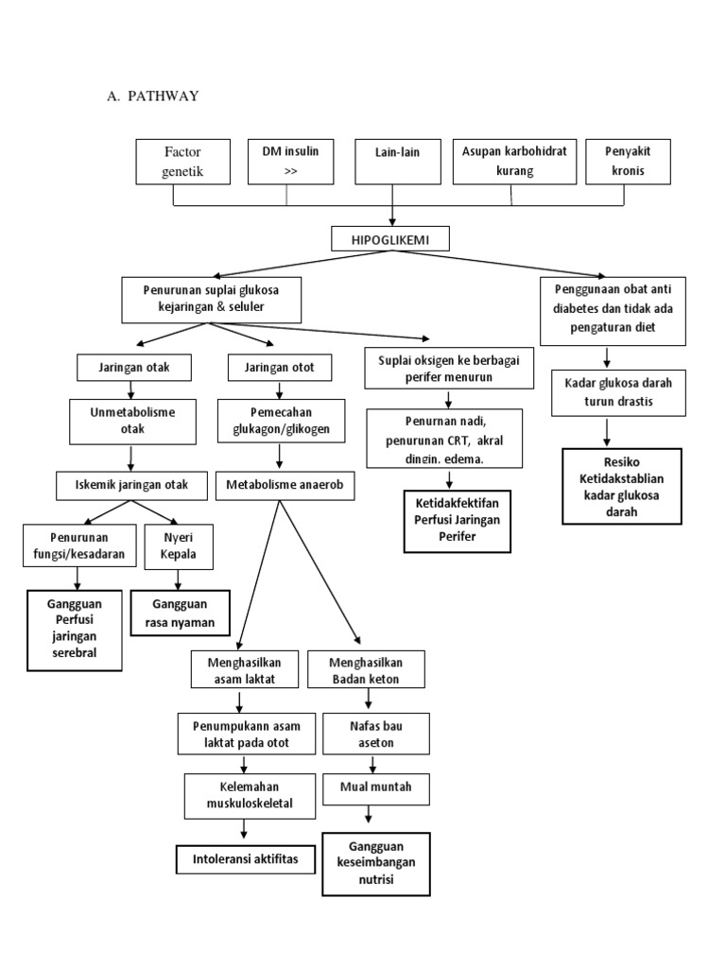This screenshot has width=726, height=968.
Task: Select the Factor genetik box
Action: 183,162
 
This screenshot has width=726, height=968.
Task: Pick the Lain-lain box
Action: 392,162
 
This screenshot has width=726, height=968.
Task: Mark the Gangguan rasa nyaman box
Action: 180,613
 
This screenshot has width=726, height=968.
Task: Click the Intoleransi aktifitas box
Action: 245,859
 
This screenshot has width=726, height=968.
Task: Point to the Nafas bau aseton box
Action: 368,734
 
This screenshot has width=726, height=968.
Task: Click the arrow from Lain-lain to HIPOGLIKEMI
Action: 392,205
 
